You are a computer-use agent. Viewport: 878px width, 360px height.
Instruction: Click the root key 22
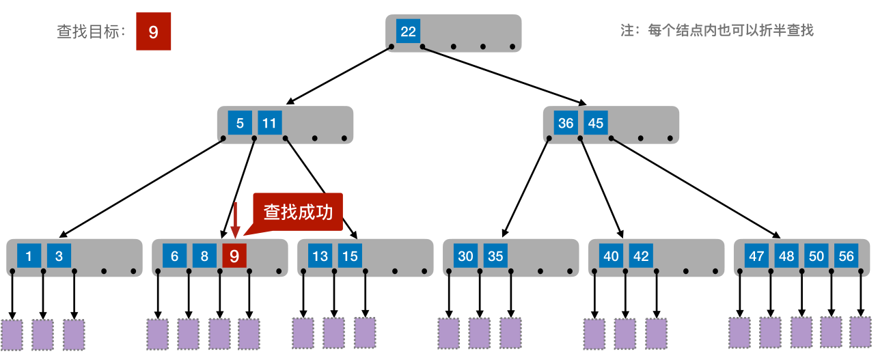tap(408, 31)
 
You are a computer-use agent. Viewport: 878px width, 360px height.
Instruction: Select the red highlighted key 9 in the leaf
tap(234, 256)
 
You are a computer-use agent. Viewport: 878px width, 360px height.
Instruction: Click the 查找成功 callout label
tap(298, 212)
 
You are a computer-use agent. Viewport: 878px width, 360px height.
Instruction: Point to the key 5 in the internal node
tap(240, 124)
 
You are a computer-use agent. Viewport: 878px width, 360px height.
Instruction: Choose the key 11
tap(270, 124)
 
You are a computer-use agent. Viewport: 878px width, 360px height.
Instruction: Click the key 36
tap(566, 124)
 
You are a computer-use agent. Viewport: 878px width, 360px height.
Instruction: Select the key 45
tap(596, 124)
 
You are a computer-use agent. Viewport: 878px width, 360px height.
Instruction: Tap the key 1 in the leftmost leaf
tap(29, 256)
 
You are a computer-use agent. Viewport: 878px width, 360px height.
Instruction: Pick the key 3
tap(59, 256)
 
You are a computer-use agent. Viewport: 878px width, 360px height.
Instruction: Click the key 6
tap(175, 256)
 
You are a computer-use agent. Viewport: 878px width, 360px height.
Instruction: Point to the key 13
tap(320, 256)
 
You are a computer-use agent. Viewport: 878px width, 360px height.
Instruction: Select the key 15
tap(350, 256)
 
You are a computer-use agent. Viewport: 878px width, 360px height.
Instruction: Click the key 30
tap(465, 256)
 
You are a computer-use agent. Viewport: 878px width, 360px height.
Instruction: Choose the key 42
tap(641, 256)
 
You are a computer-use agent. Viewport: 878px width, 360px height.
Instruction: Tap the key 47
tap(756, 256)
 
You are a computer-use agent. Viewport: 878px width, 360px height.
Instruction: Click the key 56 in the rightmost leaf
tap(847, 256)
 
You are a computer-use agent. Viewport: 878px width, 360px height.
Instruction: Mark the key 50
tap(817, 256)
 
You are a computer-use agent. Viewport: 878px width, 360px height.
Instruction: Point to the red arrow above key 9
tap(235, 220)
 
